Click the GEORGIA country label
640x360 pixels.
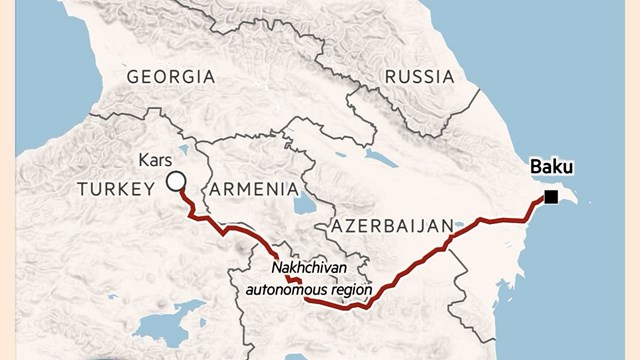(170, 77)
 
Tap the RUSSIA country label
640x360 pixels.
(419, 77)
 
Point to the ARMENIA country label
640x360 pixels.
(254, 189)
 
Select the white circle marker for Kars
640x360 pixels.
(175, 181)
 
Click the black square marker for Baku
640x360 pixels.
(551, 197)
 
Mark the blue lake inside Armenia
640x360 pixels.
(301, 205)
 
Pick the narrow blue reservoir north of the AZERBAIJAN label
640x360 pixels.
(380, 158)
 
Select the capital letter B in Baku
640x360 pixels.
(537, 167)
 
